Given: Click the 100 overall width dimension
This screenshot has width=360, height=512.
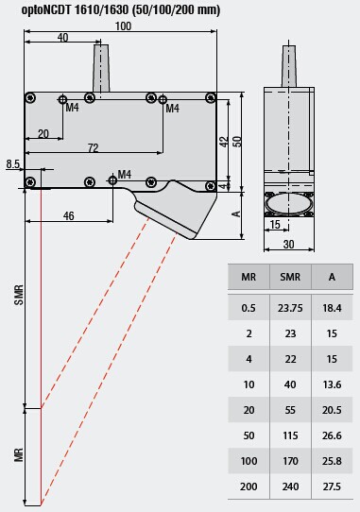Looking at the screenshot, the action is coord(123,26).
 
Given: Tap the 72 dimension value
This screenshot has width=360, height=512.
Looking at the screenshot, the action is coord(94,148).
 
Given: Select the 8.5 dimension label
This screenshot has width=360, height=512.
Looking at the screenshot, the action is coord(13,164).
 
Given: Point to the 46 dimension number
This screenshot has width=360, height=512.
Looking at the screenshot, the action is coord(69,215).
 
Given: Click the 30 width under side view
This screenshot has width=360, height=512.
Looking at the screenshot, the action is coord(288,245).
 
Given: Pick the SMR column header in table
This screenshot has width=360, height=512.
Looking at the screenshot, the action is coord(290,277).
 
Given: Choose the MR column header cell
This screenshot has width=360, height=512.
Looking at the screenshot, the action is coord(249,277).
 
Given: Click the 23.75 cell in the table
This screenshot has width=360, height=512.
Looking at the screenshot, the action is coord(290,308).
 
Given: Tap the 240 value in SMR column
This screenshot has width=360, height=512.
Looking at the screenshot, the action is coord(290,486).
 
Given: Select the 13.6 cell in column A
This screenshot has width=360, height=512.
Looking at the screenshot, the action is coord(332,384).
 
